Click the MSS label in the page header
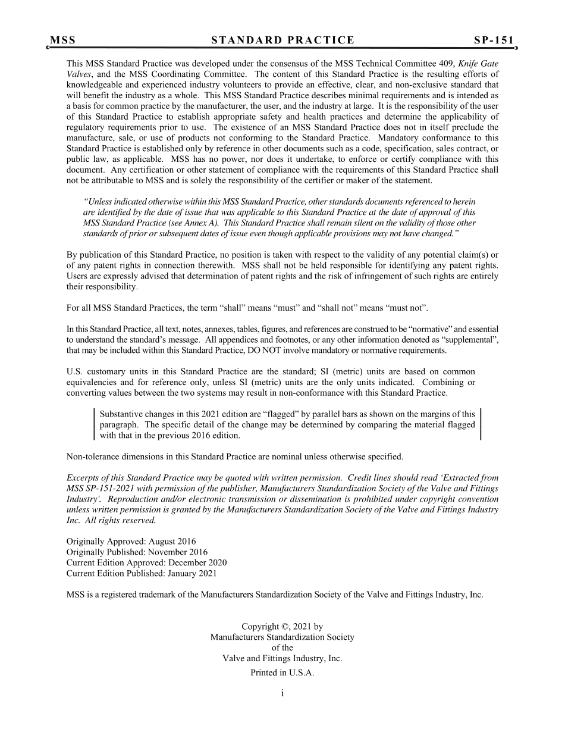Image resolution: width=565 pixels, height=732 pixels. [x=62, y=40]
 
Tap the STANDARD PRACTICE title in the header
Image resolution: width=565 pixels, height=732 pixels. [x=282, y=40]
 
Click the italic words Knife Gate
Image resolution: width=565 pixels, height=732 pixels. [x=481, y=64]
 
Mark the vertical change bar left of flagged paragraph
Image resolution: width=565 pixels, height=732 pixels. [x=95, y=424]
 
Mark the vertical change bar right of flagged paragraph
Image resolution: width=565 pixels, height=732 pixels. [x=480, y=424]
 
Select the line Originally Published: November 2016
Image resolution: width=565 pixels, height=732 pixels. [x=137, y=552]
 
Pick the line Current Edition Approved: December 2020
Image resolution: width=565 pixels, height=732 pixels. [x=146, y=563]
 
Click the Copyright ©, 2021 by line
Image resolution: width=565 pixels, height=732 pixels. [x=282, y=627]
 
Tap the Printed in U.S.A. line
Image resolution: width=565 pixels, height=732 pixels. [x=282, y=673]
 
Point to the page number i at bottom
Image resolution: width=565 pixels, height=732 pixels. [x=282, y=693]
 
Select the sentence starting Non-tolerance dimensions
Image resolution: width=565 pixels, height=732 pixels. [x=234, y=457]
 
